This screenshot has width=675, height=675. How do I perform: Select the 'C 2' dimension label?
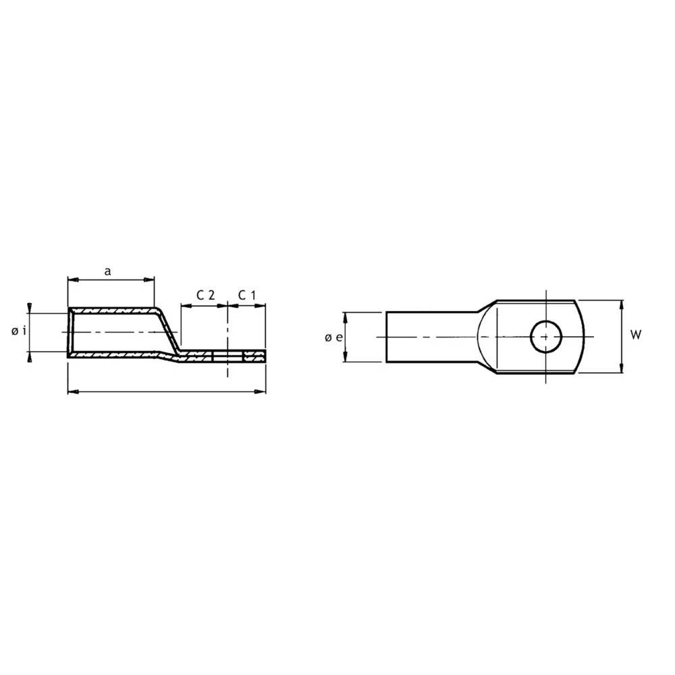205,295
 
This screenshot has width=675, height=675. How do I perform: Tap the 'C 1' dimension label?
247,295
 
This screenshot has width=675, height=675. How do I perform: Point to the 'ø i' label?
19,331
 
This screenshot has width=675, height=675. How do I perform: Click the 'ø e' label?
332,337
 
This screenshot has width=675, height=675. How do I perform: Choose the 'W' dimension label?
634,334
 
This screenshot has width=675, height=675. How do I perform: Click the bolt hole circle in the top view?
545,336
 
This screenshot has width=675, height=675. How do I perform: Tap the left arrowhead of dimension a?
72,278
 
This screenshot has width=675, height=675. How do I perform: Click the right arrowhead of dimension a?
151,278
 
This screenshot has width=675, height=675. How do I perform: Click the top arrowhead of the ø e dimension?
345,316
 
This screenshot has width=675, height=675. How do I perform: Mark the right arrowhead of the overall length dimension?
262,391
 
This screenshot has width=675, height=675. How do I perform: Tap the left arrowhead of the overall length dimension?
72,391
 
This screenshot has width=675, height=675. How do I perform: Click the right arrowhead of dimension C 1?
262,306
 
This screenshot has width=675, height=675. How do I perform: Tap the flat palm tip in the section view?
264,354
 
